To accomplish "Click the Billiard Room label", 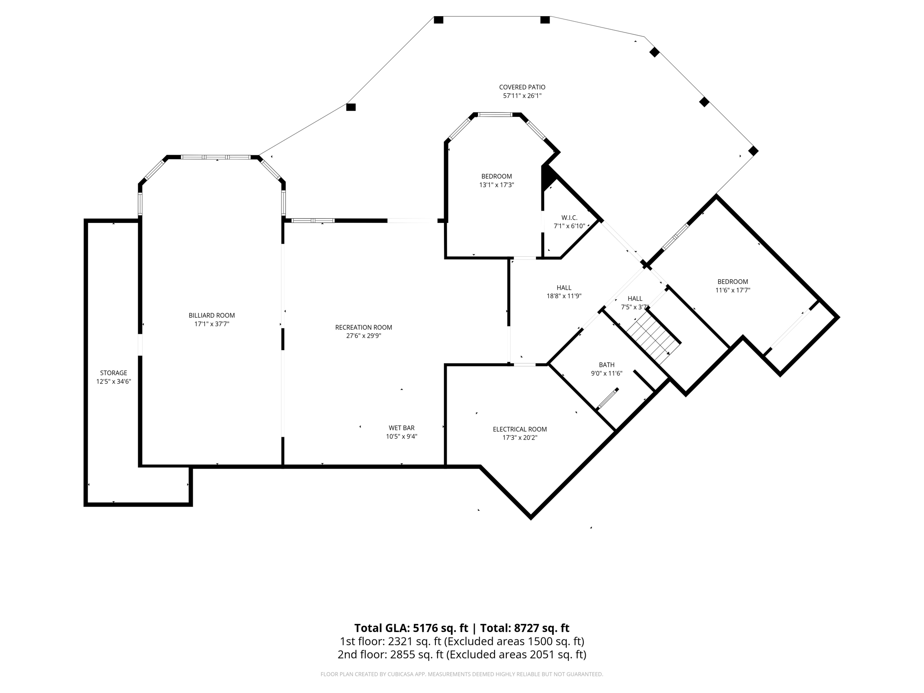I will point(212,315).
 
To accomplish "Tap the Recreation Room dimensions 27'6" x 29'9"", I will point(364,336).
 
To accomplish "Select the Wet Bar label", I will point(402,428).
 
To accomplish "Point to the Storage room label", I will point(114,373).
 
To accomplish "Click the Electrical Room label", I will point(520,429).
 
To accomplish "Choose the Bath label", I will point(606,365).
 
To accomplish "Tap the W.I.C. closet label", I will point(569,217).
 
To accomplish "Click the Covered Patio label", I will point(522,87).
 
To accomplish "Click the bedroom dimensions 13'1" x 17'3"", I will point(496,185).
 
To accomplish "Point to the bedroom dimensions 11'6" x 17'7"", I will point(733,291).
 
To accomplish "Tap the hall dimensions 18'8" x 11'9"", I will point(564,296).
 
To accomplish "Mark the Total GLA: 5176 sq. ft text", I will point(411,628).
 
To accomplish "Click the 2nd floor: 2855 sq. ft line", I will point(462,655).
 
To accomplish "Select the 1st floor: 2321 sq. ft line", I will point(462,641).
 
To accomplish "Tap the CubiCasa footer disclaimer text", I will point(462,675).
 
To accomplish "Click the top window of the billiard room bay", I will point(216,157).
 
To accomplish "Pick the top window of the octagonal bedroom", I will point(495,115).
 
